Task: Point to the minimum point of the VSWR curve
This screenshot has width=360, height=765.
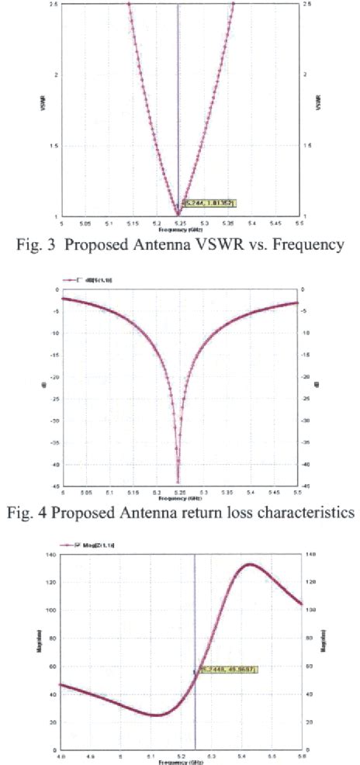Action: (179, 214)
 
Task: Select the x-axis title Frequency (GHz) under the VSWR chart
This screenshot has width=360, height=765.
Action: (179, 230)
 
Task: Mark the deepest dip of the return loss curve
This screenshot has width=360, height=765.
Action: (178, 483)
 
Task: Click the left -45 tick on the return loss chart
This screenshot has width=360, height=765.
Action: (55, 486)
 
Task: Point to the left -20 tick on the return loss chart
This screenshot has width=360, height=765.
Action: (55, 377)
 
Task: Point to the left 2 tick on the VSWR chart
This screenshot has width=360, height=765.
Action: (57, 74)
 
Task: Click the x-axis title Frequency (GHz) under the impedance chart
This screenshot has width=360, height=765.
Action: (180, 762)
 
